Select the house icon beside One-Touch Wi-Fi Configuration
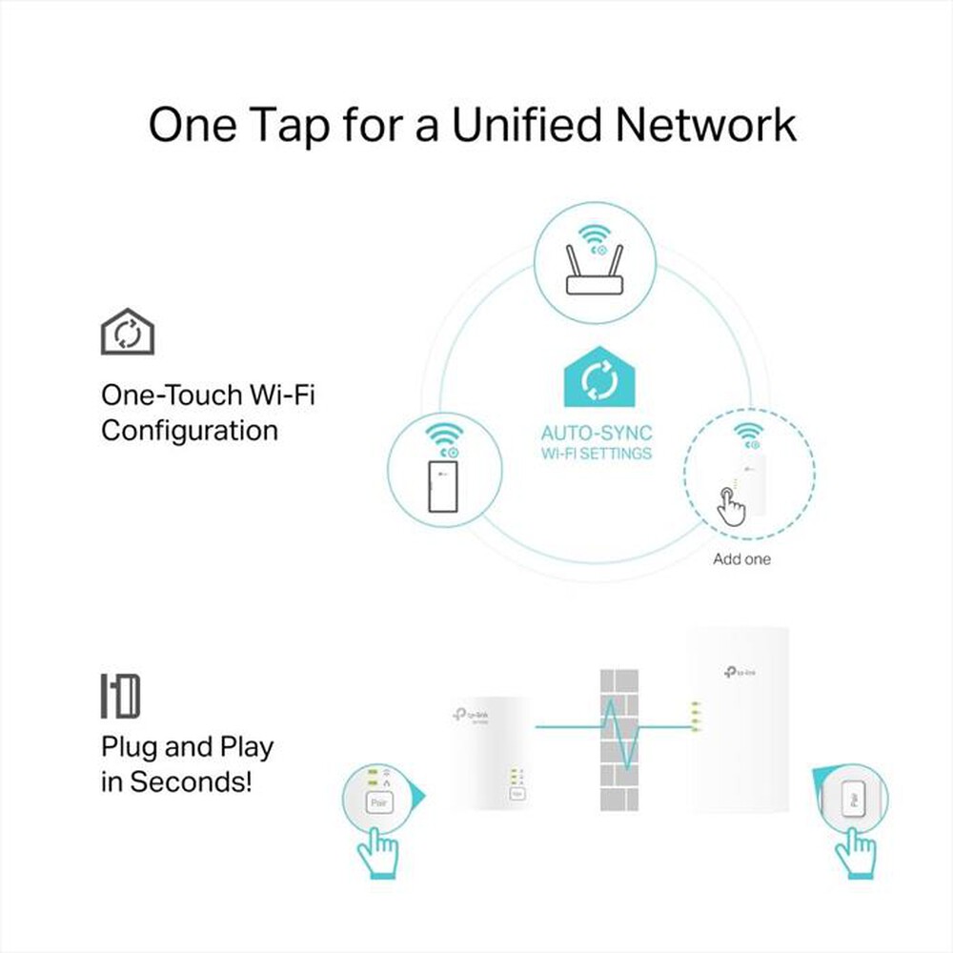(128, 332)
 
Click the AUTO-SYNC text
(597, 434)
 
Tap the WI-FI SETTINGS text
(597, 453)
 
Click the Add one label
(741, 559)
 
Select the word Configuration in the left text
(190, 431)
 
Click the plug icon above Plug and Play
(121, 696)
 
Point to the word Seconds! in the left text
(191, 782)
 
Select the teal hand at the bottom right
(855, 851)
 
